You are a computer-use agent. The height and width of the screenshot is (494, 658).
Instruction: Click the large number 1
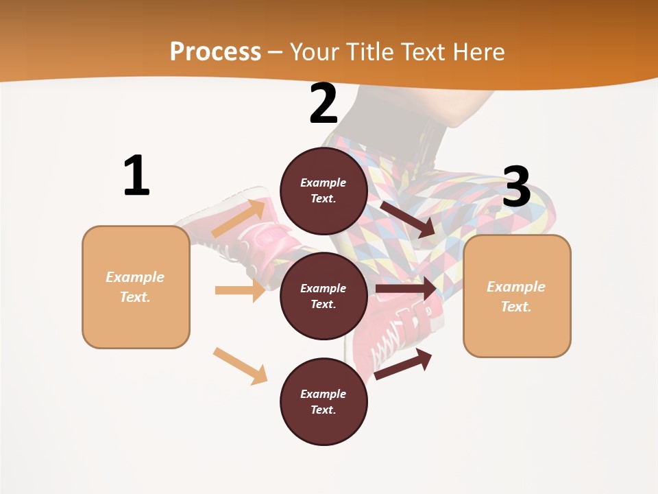(x=136, y=176)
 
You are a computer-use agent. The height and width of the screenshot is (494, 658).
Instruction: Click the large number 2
(x=324, y=104)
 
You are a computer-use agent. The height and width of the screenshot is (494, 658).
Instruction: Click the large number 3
(x=517, y=187)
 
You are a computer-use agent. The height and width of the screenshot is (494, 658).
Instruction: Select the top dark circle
(x=324, y=191)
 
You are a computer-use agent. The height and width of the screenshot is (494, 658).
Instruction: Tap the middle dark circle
(x=324, y=296)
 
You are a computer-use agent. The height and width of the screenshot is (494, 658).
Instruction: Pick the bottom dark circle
(x=324, y=401)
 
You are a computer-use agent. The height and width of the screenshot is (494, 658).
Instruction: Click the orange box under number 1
(x=136, y=287)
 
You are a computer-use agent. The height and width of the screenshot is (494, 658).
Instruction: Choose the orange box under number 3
(x=517, y=296)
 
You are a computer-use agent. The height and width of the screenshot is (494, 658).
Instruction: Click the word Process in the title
(x=215, y=51)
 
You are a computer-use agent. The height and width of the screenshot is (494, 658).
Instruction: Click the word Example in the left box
(x=135, y=277)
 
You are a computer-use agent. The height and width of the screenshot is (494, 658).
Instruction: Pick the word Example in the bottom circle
(x=323, y=394)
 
